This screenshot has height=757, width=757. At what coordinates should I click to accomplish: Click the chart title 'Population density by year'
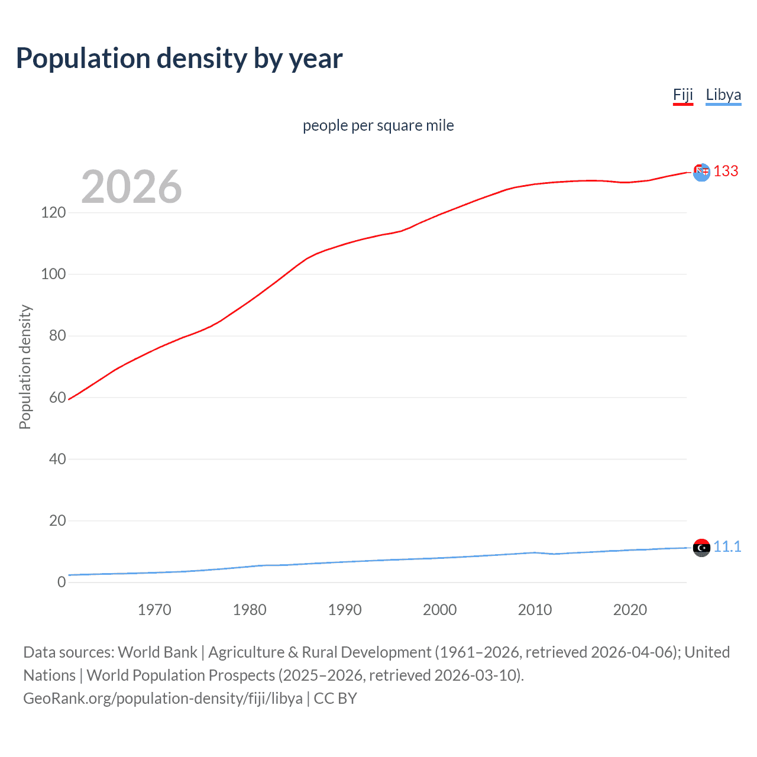tap(179, 59)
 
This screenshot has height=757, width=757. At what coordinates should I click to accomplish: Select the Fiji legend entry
tap(682, 95)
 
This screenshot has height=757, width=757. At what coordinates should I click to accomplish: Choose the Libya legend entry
tap(723, 95)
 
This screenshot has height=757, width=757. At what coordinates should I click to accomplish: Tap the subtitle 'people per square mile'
tap(378, 125)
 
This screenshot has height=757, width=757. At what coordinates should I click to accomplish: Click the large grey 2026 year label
tap(131, 187)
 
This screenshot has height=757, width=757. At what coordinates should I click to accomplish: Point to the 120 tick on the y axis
tap(53, 212)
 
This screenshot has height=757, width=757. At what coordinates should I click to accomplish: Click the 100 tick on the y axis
tap(53, 274)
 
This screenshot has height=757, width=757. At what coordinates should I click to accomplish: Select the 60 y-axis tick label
tap(57, 397)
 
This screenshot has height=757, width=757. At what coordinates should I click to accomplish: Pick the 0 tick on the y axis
tap(62, 582)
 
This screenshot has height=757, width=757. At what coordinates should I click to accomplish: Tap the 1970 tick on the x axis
tap(154, 610)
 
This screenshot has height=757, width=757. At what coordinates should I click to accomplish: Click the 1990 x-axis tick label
tap(345, 610)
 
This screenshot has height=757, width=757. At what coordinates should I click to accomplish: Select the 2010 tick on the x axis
tap(535, 610)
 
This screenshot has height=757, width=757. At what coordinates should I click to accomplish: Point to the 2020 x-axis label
tap(630, 610)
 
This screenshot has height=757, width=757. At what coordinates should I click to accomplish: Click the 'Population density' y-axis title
tap(25, 367)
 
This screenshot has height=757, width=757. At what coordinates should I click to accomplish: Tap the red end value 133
tap(726, 171)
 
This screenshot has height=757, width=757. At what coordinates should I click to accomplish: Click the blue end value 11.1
tap(727, 546)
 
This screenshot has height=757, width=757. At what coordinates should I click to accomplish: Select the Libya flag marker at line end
tap(701, 548)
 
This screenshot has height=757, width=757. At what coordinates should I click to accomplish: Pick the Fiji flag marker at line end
tap(701, 172)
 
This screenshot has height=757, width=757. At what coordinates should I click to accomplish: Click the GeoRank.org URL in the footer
tap(163, 698)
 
